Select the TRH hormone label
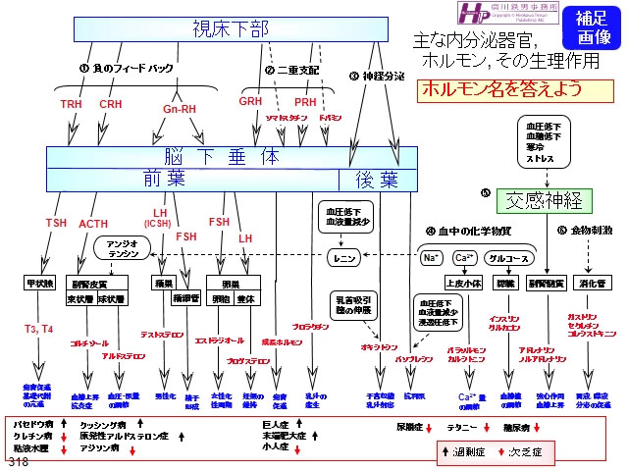(73, 104)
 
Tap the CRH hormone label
(111, 104)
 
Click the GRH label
(249, 101)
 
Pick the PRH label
(305, 101)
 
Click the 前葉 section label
(165, 179)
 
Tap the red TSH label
(56, 223)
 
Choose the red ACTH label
(93, 225)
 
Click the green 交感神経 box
(545, 201)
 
